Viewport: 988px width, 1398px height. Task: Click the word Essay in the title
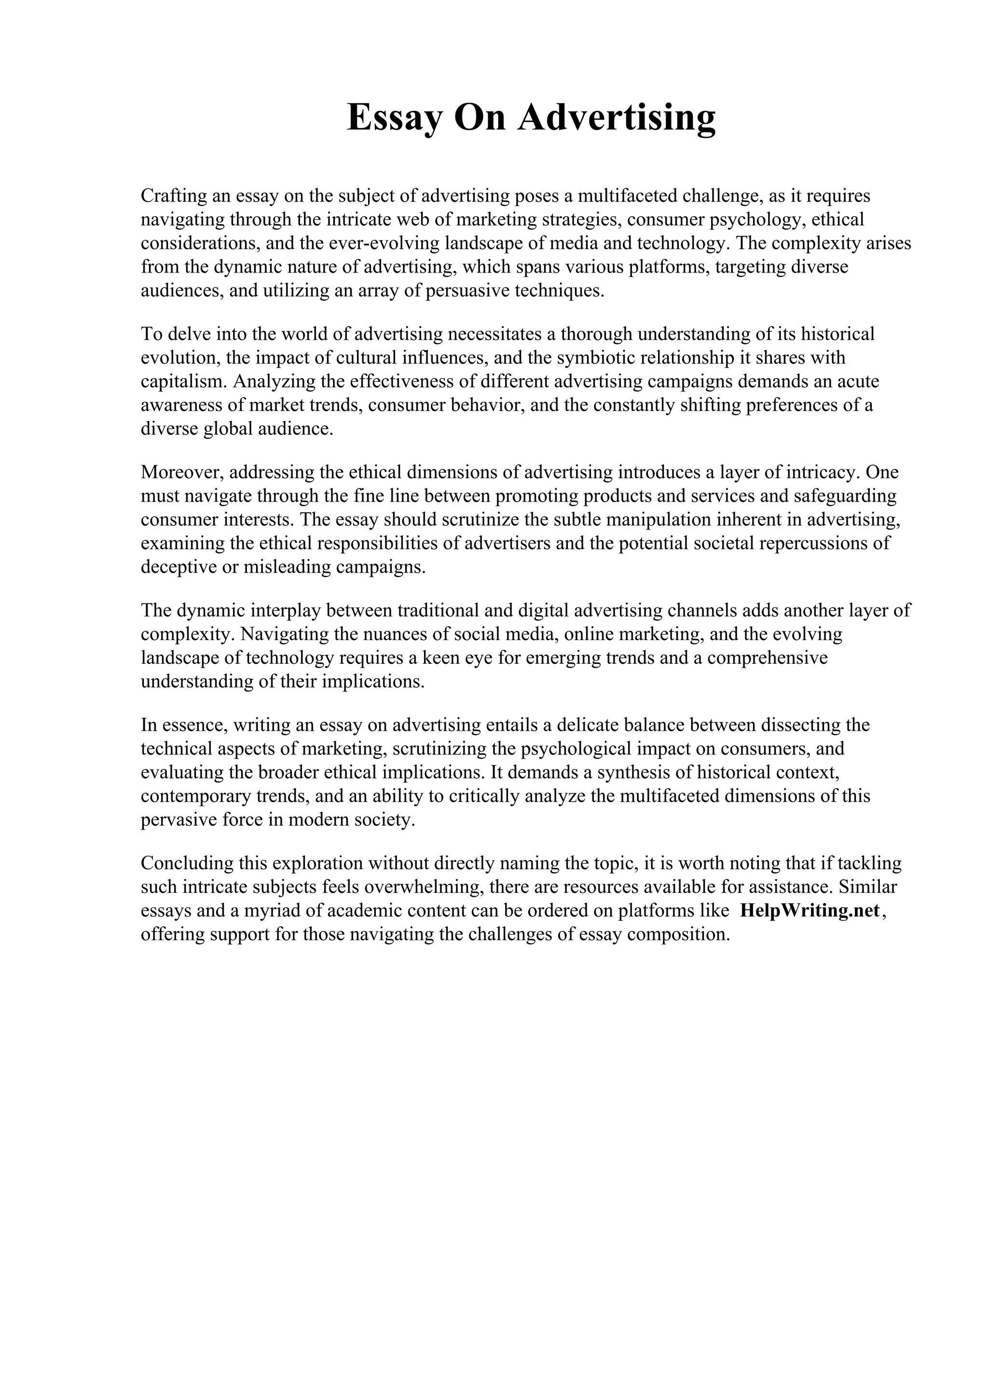pos(393,118)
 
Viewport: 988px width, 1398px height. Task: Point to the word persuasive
pos(467,291)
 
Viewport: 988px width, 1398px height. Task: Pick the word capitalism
pos(183,382)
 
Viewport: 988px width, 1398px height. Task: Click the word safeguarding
pos(845,496)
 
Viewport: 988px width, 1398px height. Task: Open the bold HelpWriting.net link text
pos(810,911)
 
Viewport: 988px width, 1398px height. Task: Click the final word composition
pos(677,934)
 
